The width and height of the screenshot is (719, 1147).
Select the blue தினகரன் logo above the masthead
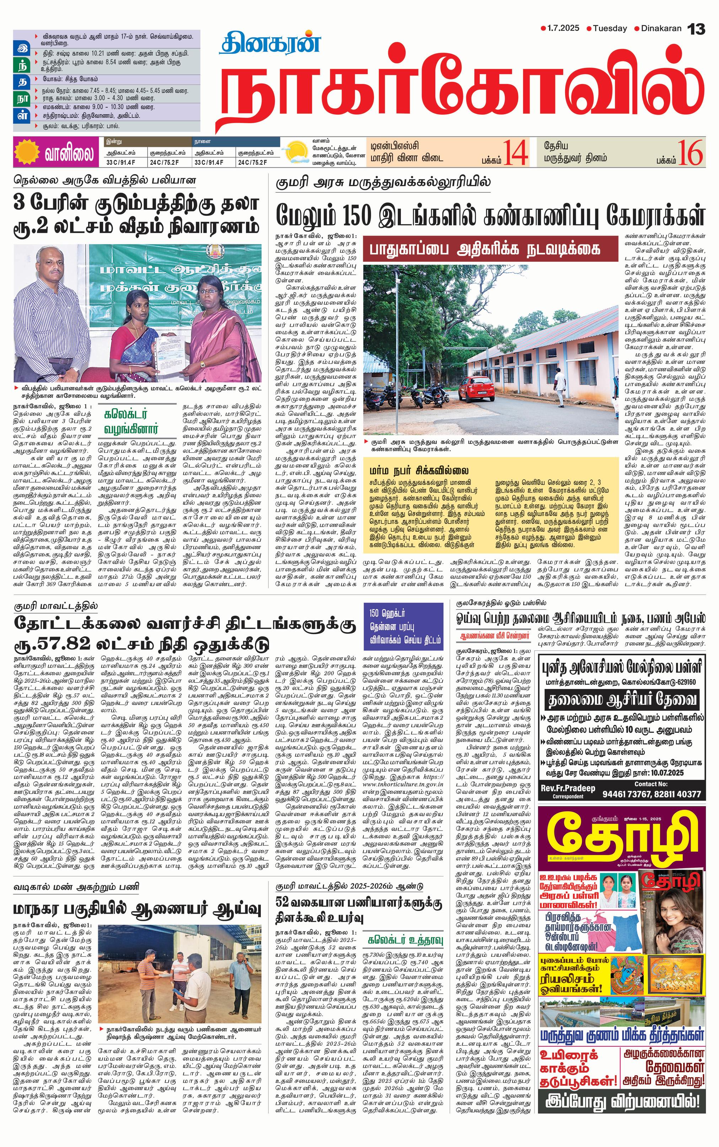[270, 43]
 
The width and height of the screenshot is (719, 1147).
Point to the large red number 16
[691, 152]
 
